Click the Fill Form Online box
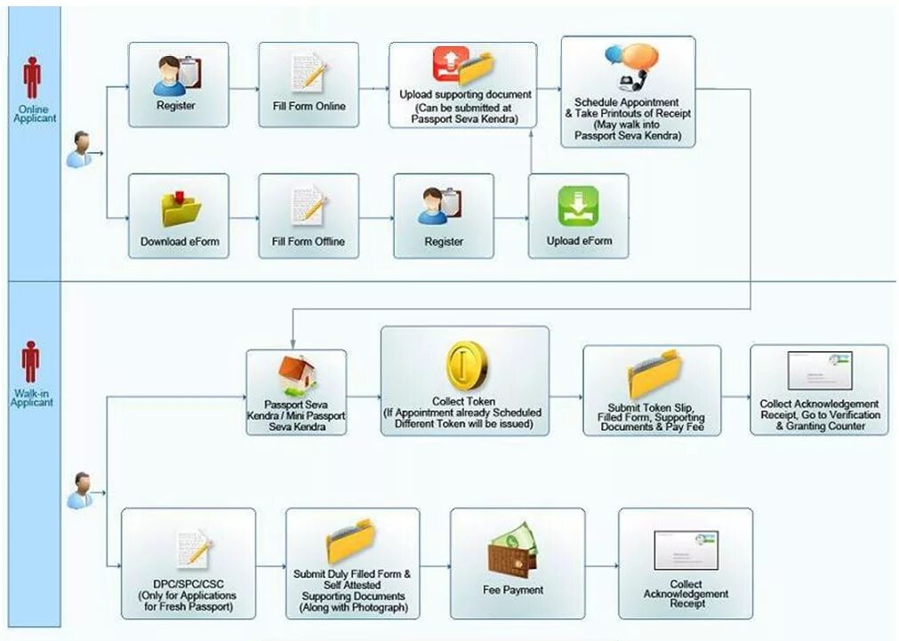click(309, 84)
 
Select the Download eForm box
click(180, 216)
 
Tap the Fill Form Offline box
click(309, 216)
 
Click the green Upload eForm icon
click(578, 207)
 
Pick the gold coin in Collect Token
click(467, 365)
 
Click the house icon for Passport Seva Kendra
click(297, 374)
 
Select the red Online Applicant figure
click(32, 77)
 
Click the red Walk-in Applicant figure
click(31, 362)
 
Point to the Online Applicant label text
click(35, 114)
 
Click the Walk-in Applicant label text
click(32, 397)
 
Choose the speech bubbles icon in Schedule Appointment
click(631, 66)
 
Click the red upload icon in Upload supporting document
click(451, 64)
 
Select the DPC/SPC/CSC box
click(189, 564)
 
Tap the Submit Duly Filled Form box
click(353, 564)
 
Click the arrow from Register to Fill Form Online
click(244, 89)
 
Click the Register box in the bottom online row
click(444, 216)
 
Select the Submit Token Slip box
click(652, 390)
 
